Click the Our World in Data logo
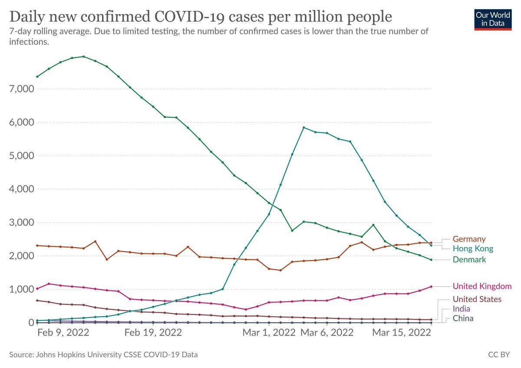(x=493, y=18)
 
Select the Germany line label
(x=469, y=239)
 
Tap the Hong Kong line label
(x=473, y=249)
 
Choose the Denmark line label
(x=469, y=259)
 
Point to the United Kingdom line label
(x=482, y=286)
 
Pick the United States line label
(x=477, y=299)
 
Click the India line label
(x=461, y=308)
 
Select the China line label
(x=463, y=318)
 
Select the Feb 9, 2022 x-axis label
(x=63, y=333)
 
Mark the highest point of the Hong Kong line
(x=303, y=127)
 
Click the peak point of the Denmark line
(x=83, y=56)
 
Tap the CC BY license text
(x=499, y=355)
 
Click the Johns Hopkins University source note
(x=103, y=355)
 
